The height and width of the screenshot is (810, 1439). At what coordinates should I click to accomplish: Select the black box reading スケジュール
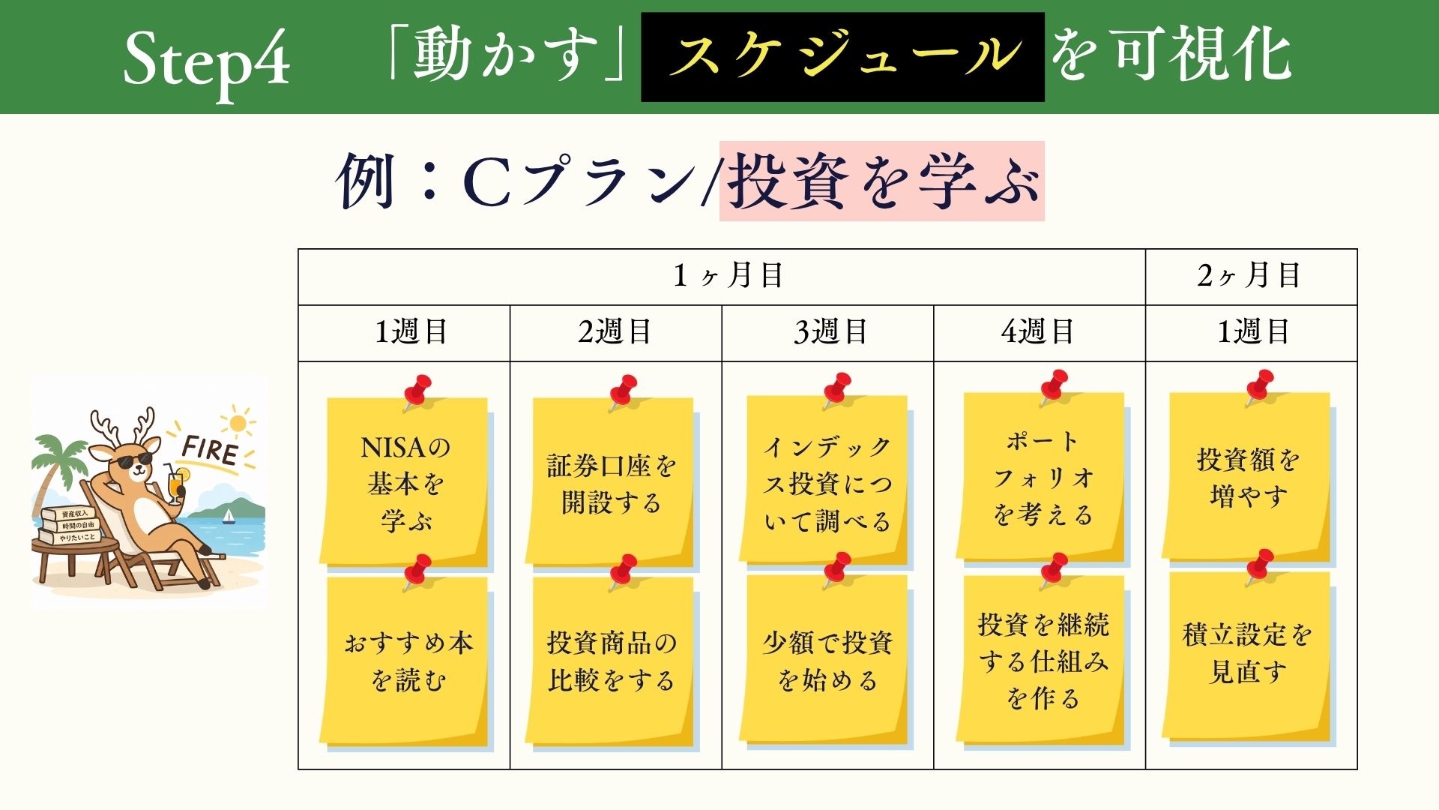(x=842, y=57)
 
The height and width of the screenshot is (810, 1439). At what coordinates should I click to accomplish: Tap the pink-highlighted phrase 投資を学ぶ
(x=882, y=181)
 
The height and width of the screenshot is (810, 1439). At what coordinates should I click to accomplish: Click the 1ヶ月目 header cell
(x=722, y=277)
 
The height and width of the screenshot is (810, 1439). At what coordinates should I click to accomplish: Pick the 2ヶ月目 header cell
(x=1252, y=277)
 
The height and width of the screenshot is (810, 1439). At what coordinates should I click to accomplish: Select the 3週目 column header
(x=828, y=333)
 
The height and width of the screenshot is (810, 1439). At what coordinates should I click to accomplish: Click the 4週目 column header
(x=1040, y=333)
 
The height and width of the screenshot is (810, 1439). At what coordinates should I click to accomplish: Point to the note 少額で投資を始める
(x=825, y=660)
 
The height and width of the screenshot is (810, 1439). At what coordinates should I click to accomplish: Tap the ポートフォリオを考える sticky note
(x=1042, y=478)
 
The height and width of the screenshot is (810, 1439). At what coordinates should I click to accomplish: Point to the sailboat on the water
(x=228, y=515)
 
